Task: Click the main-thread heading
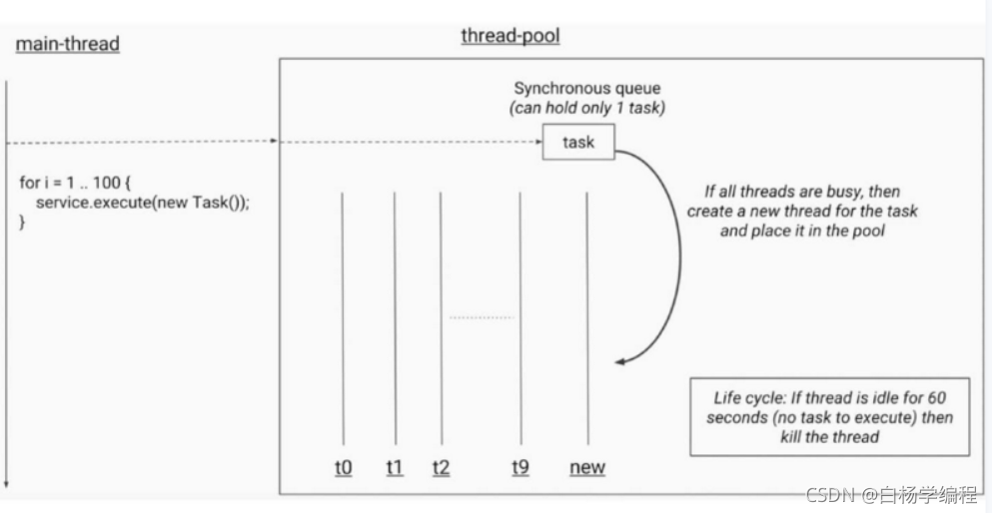[68, 45]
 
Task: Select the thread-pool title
[509, 36]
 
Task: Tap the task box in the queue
[578, 142]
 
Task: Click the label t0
[343, 466]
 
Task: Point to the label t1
[395, 466]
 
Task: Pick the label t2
[442, 466]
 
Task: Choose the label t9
[520, 466]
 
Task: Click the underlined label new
[587, 466]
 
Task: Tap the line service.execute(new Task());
[141, 203]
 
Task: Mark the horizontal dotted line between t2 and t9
[482, 317]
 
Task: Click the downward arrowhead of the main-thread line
[7, 483]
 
